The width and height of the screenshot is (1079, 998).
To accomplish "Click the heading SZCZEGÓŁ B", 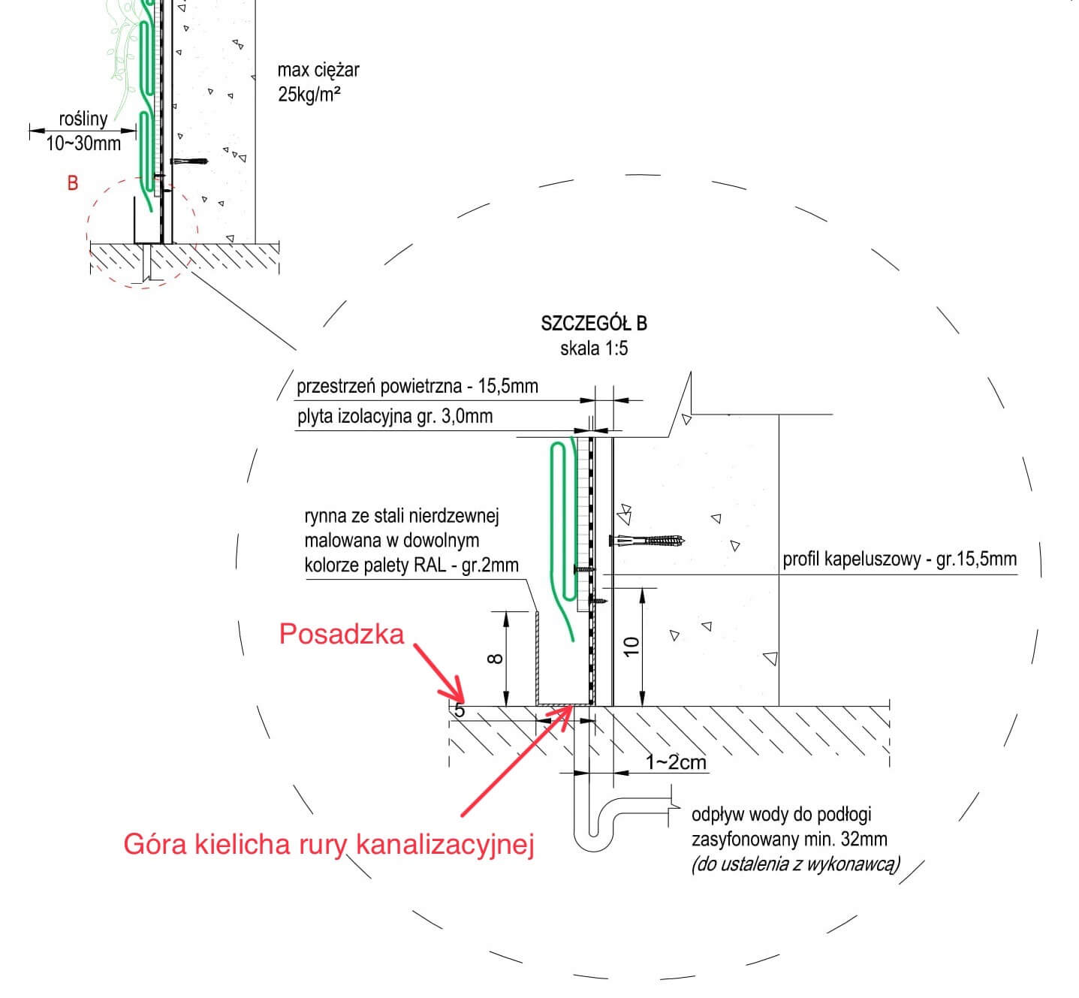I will point(593,324).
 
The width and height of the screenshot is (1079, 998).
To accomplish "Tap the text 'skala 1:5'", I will point(593,348).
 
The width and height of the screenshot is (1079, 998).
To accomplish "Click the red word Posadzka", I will point(342,635).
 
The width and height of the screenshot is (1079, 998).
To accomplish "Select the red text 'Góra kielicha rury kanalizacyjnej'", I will point(329,844).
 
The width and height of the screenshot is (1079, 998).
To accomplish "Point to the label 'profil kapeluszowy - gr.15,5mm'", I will point(900,559).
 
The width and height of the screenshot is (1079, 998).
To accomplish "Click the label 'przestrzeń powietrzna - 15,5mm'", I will point(417,386).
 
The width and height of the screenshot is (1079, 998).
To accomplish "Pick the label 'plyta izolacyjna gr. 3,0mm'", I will point(395,416).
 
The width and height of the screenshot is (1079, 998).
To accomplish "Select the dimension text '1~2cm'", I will point(676,762).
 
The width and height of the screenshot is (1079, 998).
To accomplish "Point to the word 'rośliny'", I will point(83,119).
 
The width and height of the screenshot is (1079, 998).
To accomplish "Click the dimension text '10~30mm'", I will point(83,143).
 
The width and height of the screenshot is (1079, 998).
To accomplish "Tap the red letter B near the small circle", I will point(73,183).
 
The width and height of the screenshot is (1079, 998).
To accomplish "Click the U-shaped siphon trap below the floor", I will point(593,834).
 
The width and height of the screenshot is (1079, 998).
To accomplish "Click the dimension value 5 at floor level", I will point(460,710).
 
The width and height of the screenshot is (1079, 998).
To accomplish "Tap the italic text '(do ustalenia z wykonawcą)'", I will point(795,864).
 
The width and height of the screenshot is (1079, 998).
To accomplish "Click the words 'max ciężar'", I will point(318,71).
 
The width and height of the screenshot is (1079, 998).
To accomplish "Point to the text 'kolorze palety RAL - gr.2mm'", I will point(411,565).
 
